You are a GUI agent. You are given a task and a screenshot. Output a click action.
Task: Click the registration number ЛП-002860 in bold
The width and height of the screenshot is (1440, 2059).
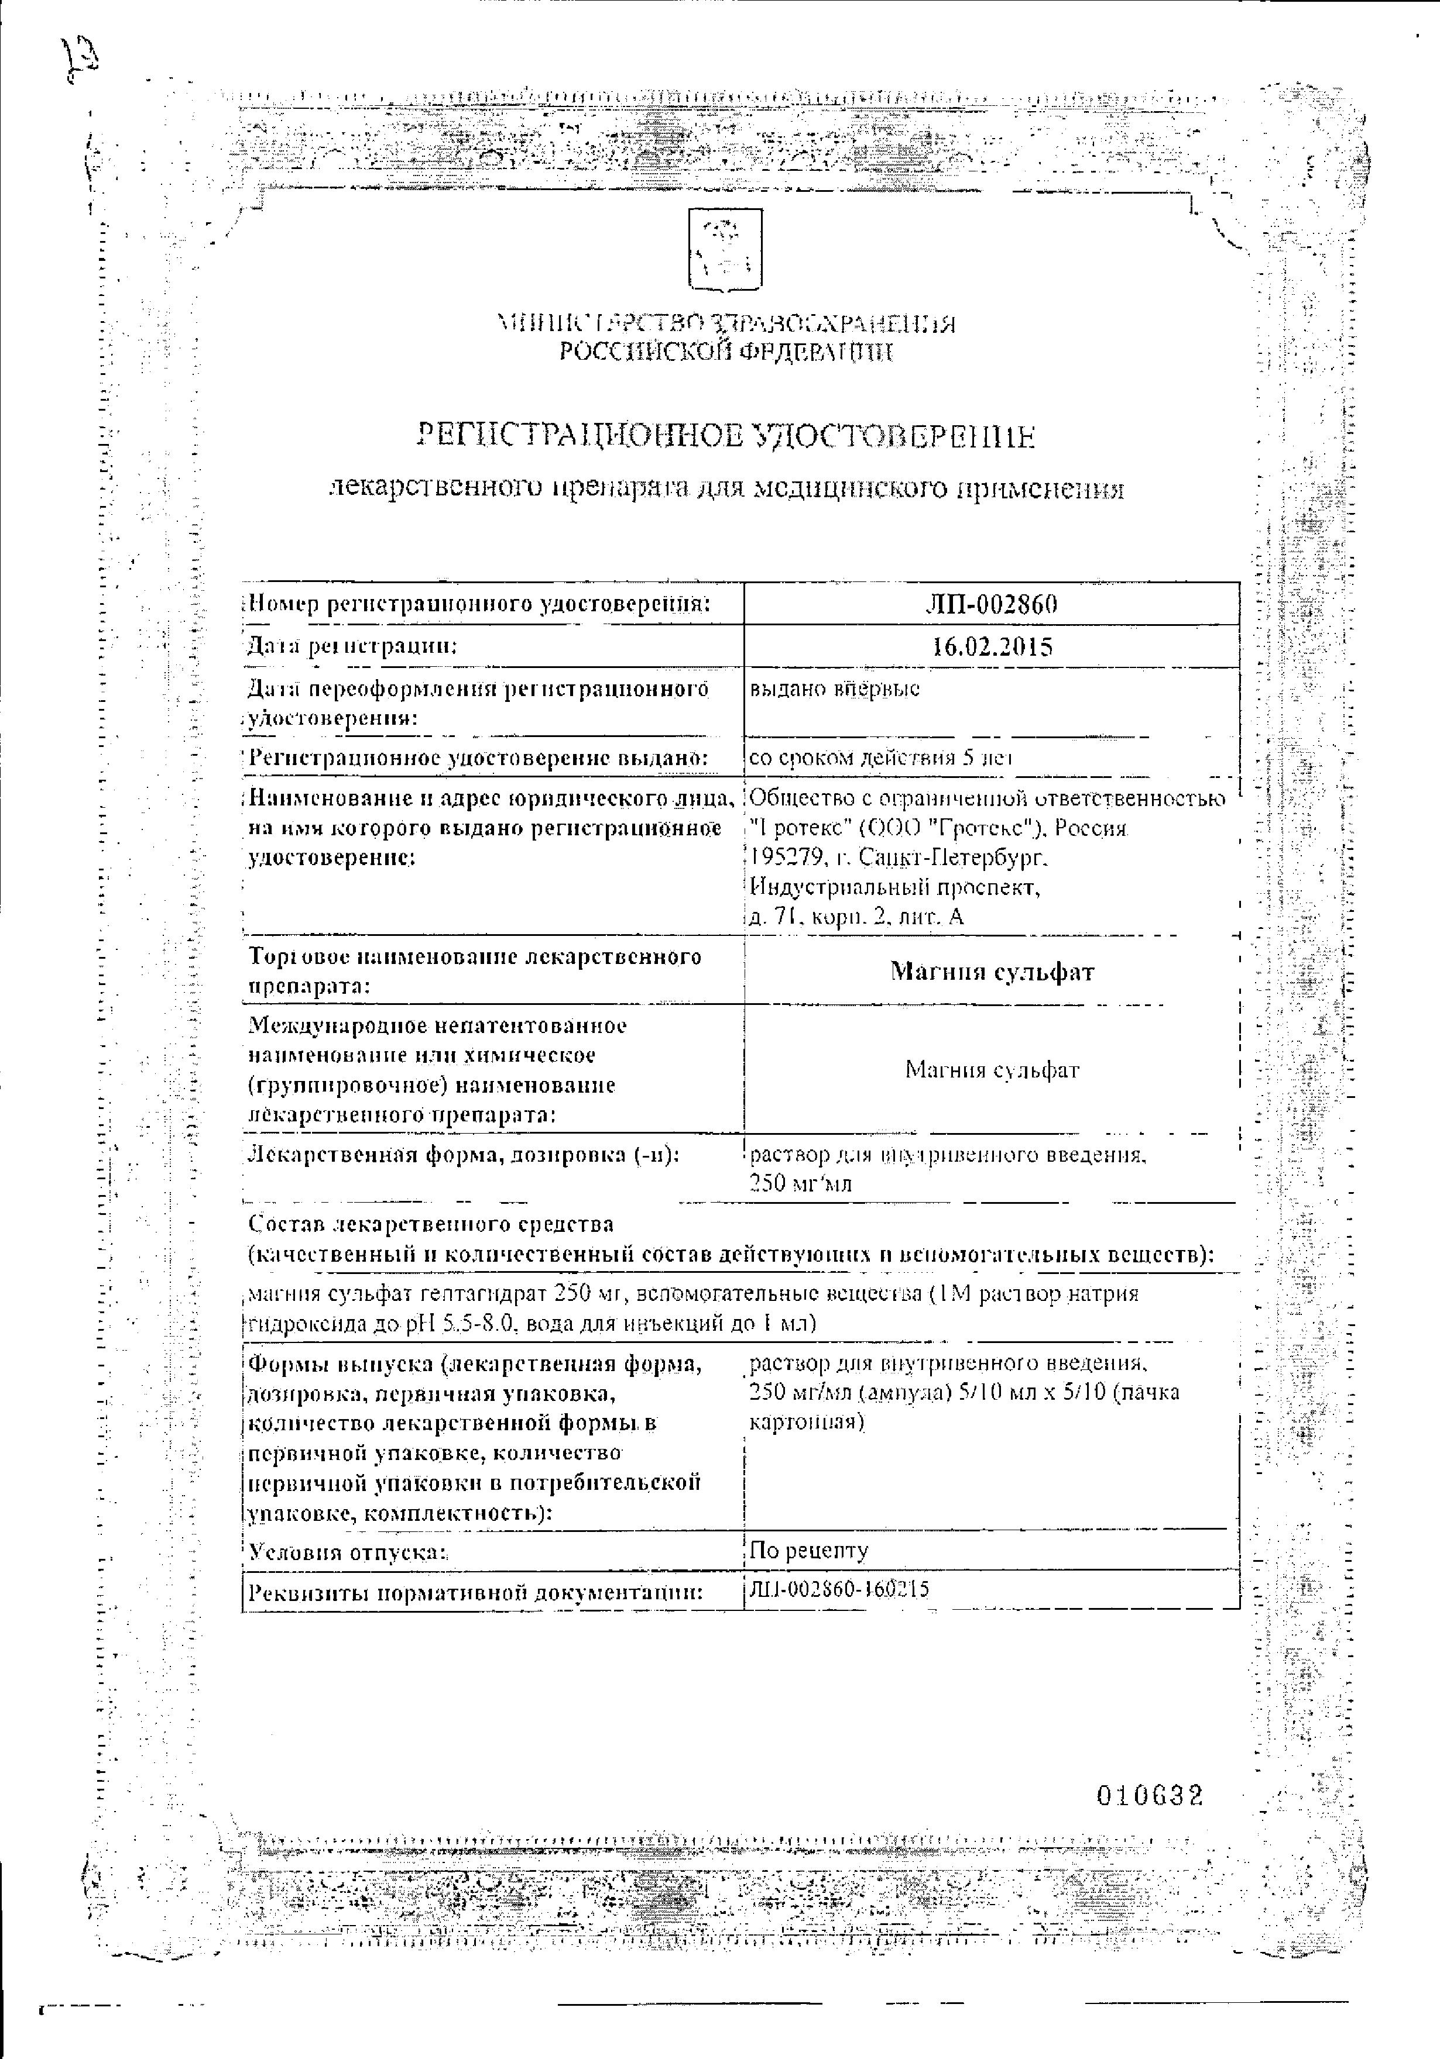tap(992, 604)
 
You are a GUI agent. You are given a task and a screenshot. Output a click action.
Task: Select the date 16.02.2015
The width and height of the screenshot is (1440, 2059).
tap(992, 646)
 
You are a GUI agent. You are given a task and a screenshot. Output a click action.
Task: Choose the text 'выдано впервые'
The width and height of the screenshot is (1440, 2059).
tap(834, 688)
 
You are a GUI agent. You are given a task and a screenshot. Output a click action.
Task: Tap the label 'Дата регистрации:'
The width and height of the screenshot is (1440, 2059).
tap(352, 646)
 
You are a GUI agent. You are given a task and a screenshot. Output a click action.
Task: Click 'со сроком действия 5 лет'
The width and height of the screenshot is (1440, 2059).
tap(881, 758)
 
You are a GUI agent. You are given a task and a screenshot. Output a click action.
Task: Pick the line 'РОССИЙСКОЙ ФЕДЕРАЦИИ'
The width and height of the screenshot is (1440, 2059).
tap(726, 353)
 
